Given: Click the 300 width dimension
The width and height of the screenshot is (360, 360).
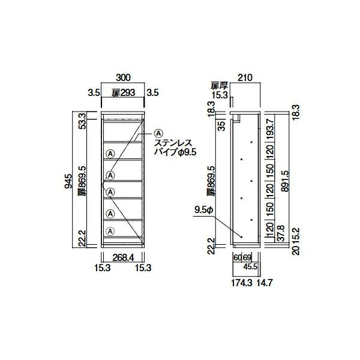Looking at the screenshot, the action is tap(123, 77).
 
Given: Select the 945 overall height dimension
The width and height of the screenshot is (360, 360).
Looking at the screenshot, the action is tap(68, 181).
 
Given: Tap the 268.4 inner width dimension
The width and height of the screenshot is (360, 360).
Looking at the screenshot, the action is tap(123, 257).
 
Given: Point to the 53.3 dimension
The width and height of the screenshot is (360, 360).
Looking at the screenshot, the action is tap(82, 121).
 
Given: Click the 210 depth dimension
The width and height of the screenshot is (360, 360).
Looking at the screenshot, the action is tap(245, 77).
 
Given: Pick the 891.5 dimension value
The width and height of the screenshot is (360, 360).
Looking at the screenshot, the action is tap(284, 181).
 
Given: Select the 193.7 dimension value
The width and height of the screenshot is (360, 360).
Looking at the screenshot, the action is tap(270, 129).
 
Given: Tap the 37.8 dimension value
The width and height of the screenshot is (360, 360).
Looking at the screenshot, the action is tap(281, 233).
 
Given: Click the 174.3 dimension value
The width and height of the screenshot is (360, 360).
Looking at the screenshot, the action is tap(242, 283).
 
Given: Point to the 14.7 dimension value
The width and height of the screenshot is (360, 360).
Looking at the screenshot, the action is tap(265, 283).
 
